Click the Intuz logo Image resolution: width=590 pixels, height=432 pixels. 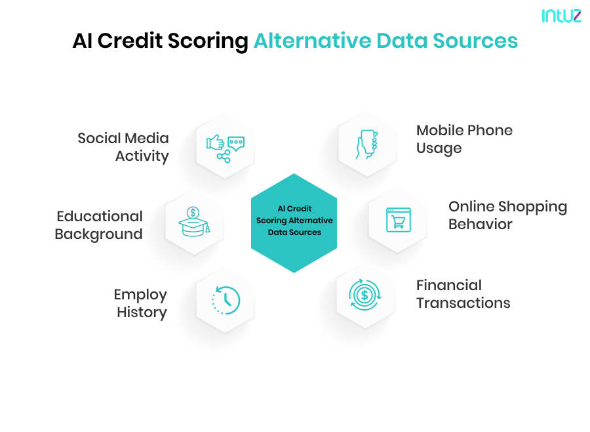click(x=561, y=16)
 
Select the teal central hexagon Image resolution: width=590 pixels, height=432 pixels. click(x=294, y=223)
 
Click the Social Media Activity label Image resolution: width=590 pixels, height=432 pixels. click(x=123, y=147)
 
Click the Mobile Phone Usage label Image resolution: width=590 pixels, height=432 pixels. click(x=464, y=139)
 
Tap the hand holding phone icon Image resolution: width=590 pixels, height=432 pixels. click(x=367, y=144)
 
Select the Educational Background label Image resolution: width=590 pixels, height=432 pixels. click(x=99, y=225)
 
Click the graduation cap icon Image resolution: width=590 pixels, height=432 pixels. click(x=194, y=222)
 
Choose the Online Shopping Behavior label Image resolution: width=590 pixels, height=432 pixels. click(x=507, y=215)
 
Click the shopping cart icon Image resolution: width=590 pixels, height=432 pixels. click(x=398, y=220)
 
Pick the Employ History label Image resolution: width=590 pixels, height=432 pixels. click(x=141, y=303)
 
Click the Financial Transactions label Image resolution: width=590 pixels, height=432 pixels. click(x=463, y=294)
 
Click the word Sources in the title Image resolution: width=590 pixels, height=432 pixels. click(x=477, y=41)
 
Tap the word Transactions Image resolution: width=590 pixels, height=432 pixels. click(x=463, y=303)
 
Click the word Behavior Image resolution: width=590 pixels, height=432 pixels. click(x=480, y=225)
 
